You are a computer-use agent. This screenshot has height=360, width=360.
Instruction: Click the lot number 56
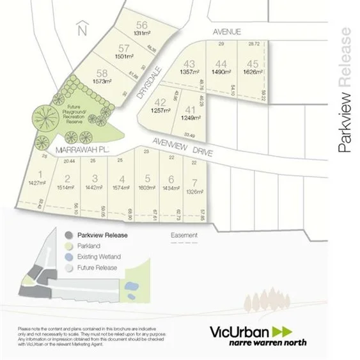(142, 25)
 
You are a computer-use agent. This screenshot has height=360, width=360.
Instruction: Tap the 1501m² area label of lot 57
(125, 56)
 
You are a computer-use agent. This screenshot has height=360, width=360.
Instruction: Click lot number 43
(189, 64)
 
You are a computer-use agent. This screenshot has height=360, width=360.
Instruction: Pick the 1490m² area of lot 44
(221, 73)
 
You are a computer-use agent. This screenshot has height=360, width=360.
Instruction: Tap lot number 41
(189, 111)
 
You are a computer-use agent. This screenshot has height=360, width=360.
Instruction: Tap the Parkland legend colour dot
(68, 246)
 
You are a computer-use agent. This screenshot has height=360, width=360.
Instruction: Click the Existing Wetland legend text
(98, 257)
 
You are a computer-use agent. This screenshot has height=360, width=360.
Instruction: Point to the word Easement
(184, 235)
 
